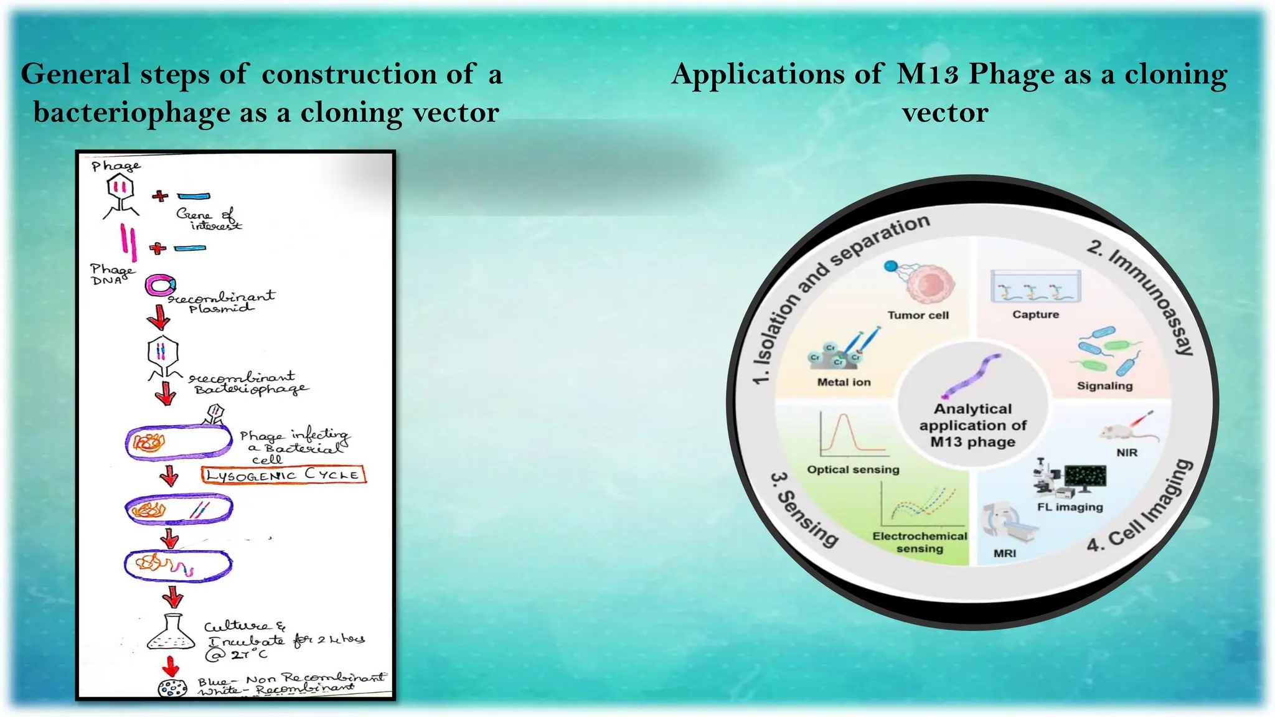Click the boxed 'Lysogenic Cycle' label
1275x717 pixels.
pos(283,475)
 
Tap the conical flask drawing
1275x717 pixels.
pos(171,633)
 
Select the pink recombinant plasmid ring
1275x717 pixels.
pos(160,285)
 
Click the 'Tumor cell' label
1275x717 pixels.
pos(918,316)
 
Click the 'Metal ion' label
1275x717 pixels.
pos(844,382)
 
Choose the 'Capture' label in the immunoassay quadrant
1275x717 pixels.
pos(1035,315)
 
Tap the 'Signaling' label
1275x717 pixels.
pos(1104,386)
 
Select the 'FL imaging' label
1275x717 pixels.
pos(1070,507)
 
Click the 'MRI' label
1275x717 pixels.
pos(1004,553)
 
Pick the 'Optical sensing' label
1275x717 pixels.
pos(853,470)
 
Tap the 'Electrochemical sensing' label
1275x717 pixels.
pos(920,542)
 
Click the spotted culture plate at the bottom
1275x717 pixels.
pos(172,688)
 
